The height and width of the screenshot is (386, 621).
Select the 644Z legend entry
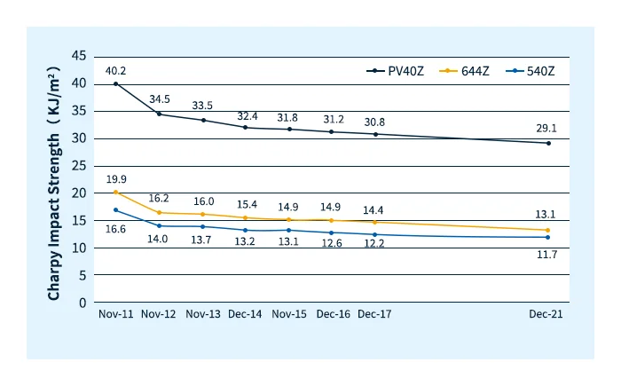471,71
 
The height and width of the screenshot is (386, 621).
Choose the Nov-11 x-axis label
115,315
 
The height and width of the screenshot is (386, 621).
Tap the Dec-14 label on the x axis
246,315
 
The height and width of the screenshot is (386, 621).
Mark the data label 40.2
116,71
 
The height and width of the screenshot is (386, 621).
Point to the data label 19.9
116,179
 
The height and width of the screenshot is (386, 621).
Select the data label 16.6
116,228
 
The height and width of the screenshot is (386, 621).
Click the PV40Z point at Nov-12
159,114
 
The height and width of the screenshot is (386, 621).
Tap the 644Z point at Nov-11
116,193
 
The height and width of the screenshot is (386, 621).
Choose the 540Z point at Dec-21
548,237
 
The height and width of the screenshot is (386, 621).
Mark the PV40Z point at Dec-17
375,134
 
